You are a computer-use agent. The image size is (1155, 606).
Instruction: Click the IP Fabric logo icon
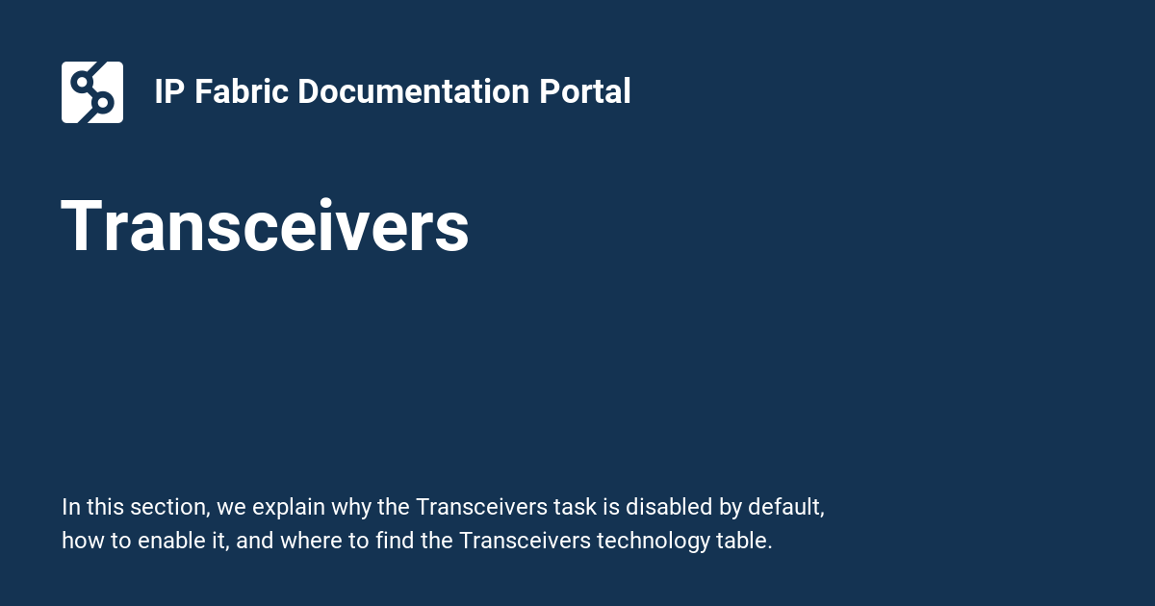click(x=92, y=92)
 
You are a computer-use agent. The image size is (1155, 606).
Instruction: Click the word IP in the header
click(x=169, y=92)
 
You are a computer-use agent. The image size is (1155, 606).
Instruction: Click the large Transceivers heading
click(x=266, y=228)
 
